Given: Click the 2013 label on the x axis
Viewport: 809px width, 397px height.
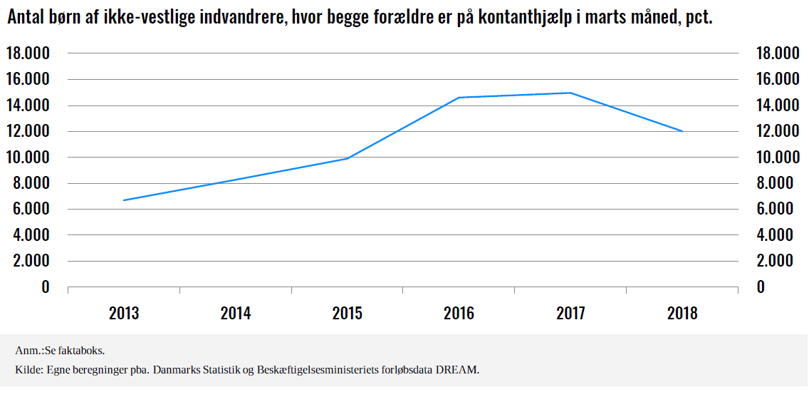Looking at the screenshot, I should click(124, 313).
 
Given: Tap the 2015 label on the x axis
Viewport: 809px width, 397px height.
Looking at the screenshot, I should click(347, 313).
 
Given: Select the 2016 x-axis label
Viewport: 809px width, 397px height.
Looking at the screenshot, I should click(459, 313).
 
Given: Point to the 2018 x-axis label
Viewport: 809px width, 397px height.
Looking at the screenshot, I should click(682, 313).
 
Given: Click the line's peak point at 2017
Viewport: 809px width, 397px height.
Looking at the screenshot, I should click(570, 93).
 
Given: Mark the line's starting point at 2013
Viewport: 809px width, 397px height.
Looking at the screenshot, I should click(124, 200).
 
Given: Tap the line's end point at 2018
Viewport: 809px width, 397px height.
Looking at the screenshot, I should click(682, 131).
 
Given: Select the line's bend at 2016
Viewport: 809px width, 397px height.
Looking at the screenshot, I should click(459, 98).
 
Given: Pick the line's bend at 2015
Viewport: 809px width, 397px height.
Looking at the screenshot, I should click(347, 158).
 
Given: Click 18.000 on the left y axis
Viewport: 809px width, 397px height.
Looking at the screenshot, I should click(28, 53).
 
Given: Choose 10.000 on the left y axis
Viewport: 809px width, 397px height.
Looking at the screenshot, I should click(28, 158).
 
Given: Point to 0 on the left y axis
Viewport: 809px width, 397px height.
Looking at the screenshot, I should click(46, 287).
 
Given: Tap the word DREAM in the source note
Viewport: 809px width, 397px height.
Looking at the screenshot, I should click(460, 370).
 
